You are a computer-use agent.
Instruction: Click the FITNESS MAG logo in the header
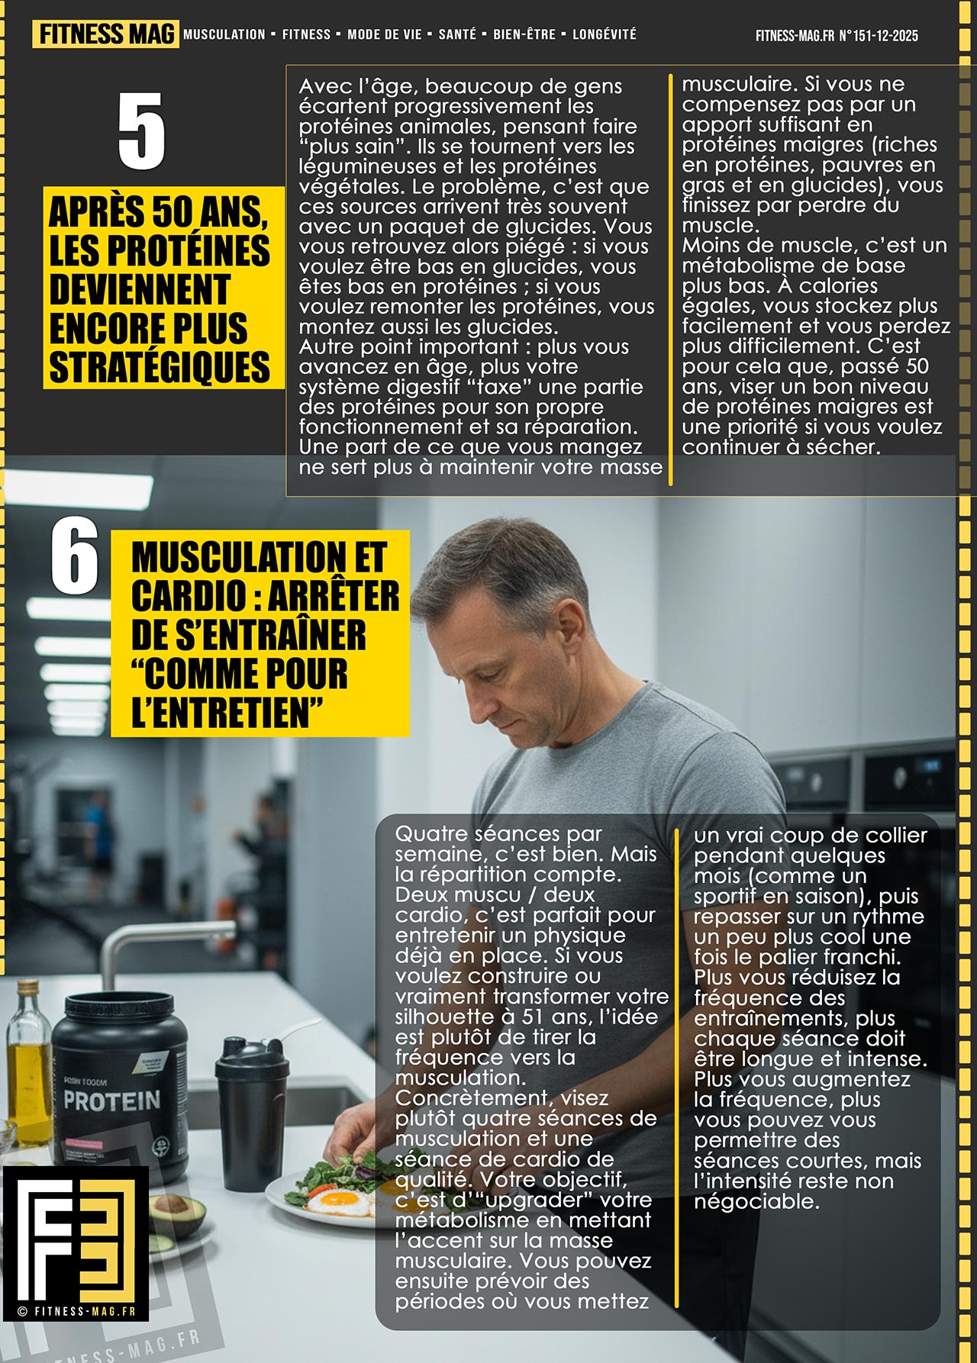pos(105,34)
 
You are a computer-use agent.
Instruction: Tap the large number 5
pos(141,130)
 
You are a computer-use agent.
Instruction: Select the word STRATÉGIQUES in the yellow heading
pos(160,366)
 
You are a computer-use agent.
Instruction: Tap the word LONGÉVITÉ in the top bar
pos(604,34)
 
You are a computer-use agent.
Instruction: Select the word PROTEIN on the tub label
pos(111,1100)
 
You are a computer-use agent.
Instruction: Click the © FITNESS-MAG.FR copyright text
pos(76,1311)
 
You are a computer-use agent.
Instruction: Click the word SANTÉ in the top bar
pos(457,34)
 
